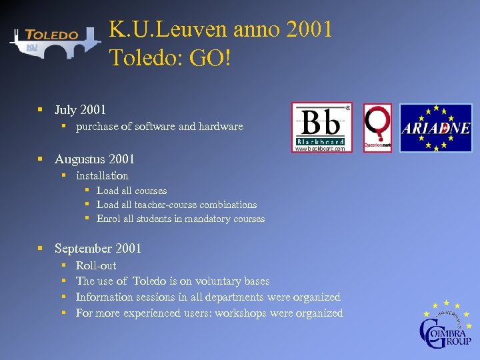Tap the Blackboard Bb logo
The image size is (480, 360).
coord(322,127)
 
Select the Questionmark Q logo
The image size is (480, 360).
coord(377,127)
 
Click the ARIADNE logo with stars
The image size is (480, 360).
coord(435,127)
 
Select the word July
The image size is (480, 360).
coord(65,109)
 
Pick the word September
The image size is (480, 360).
coord(83,248)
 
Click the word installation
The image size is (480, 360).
coord(102,175)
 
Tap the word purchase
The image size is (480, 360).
coord(98,126)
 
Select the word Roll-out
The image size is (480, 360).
coord(96,265)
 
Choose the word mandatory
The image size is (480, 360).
coord(202,219)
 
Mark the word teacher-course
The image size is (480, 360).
coord(159,205)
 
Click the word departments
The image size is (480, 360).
coord(229,297)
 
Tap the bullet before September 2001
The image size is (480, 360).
coord(41,248)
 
